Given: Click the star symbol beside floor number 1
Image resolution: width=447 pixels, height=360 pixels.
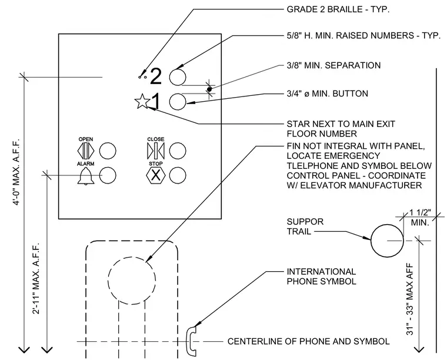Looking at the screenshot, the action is pyautogui.click(x=142, y=101).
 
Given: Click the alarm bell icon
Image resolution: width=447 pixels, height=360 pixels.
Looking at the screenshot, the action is pyautogui.click(x=86, y=176).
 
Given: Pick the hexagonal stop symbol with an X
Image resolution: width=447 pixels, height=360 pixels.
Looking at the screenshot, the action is pyautogui.click(x=155, y=175).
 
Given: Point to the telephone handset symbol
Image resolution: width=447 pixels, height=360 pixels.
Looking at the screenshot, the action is pyautogui.click(x=191, y=341).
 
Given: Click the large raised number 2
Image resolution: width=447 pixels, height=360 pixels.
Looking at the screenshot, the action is pyautogui.click(x=156, y=76).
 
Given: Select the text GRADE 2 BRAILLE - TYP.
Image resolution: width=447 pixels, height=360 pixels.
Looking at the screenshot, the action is pyautogui.click(x=338, y=9).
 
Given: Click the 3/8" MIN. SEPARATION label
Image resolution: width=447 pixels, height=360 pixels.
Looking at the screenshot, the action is pyautogui.click(x=333, y=65).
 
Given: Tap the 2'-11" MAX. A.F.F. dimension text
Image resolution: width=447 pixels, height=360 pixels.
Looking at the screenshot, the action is pyautogui.click(x=36, y=278).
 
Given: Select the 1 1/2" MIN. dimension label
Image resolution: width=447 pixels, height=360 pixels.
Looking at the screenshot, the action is pyautogui.click(x=420, y=218).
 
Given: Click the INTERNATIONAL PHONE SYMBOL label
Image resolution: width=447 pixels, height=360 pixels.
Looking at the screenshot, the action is pyautogui.click(x=321, y=276).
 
